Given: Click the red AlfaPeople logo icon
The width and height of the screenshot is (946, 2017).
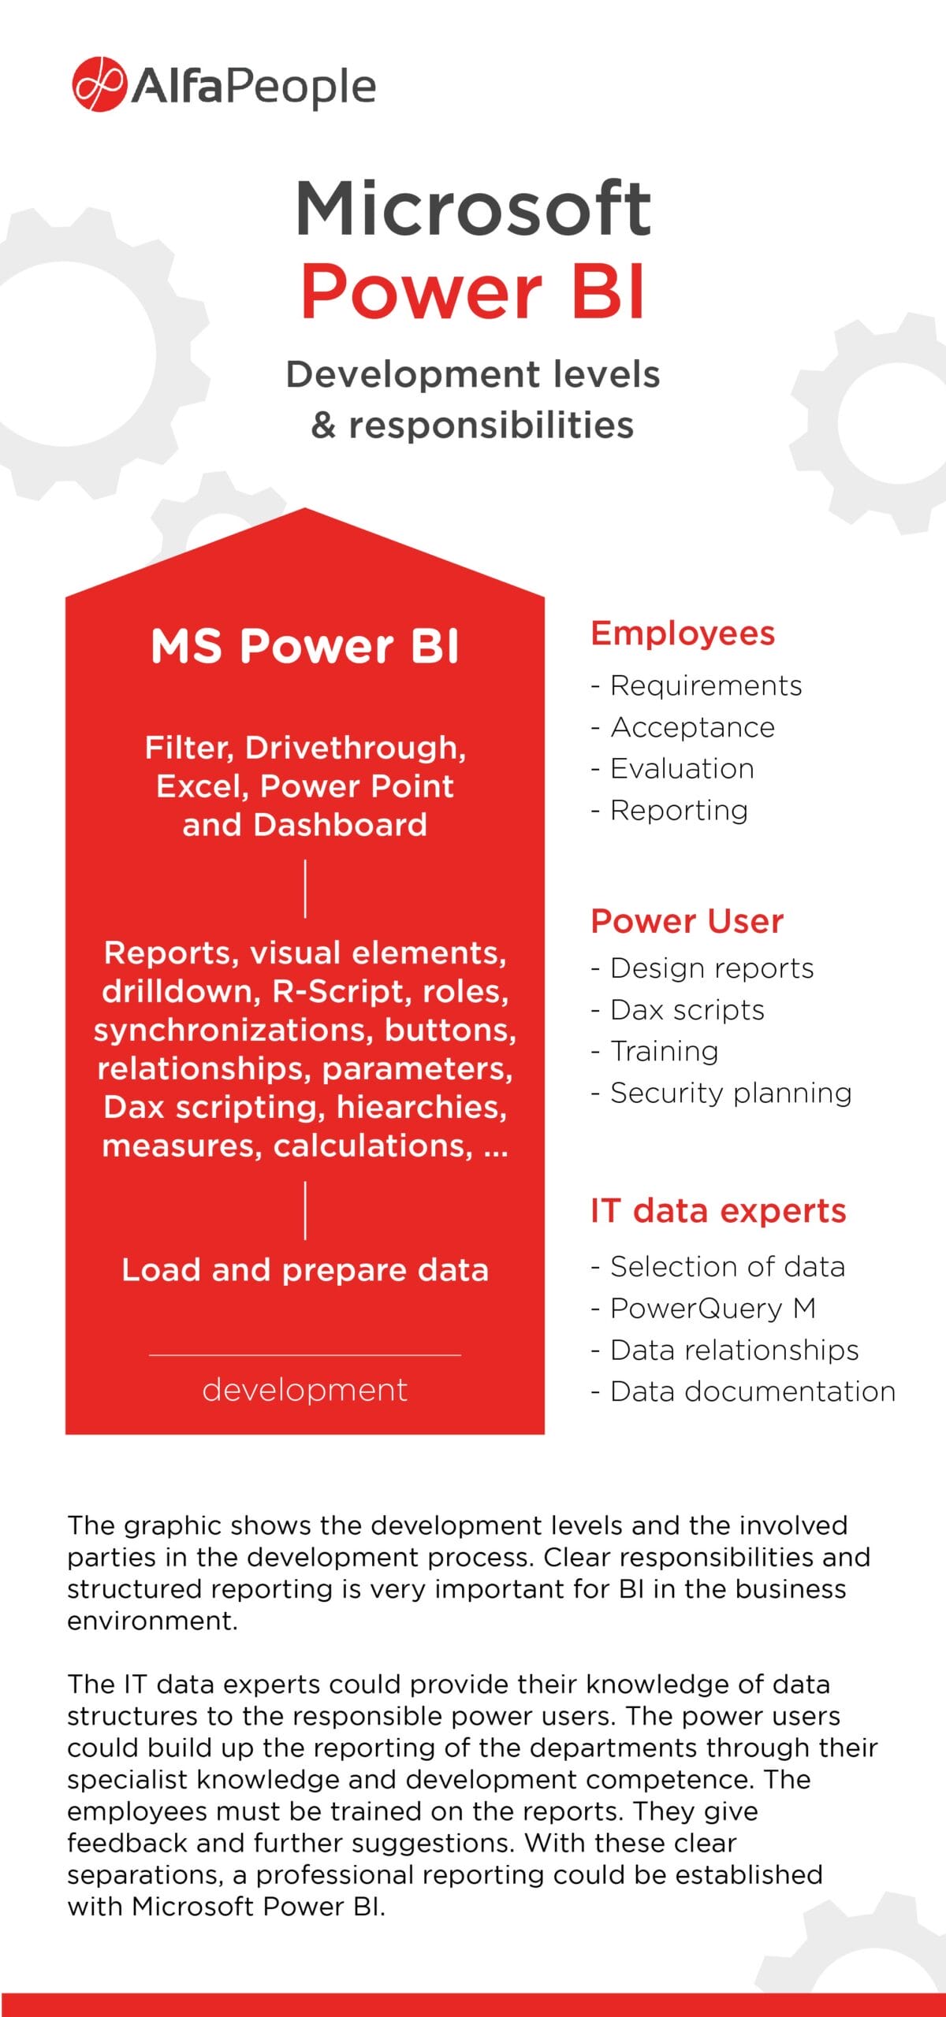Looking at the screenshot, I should (99, 84).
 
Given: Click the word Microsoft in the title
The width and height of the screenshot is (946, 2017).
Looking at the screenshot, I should (473, 209).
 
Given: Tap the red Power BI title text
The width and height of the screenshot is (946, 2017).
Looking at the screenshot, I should (473, 292).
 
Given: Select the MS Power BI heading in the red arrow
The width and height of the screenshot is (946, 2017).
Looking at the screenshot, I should (305, 646).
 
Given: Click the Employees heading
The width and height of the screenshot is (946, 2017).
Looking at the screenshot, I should (683, 633).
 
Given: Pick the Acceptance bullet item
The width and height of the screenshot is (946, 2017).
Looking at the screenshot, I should (692, 727).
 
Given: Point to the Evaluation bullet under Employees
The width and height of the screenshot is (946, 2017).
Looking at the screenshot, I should (682, 769).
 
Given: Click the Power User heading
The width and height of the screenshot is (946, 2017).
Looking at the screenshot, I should (687, 921).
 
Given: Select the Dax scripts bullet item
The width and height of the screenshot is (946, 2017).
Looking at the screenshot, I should (687, 1010).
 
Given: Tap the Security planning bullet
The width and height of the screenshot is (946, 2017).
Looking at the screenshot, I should (730, 1093).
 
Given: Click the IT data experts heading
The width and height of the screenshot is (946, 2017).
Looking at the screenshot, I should (718, 1211).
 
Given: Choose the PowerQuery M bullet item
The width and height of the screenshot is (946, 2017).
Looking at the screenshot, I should (713, 1309).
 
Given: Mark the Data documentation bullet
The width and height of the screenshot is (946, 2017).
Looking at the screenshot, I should (752, 1391).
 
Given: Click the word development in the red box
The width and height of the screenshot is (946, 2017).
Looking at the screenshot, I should (305, 1390).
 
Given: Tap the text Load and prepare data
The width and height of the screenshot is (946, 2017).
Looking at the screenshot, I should (305, 1270).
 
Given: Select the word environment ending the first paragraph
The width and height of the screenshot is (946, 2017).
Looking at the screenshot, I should (152, 1621).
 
